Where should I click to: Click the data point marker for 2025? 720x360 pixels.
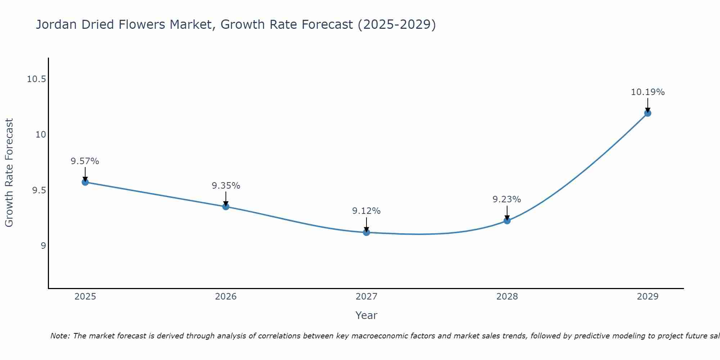85,182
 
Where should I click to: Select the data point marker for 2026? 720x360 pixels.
226,206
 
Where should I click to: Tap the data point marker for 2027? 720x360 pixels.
366,232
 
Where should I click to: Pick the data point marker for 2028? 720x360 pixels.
507,220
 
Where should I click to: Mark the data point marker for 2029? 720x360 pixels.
648,113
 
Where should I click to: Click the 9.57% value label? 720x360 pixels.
85,161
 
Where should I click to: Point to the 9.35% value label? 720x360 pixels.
226,186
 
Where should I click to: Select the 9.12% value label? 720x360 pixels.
366,211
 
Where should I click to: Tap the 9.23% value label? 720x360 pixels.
507,199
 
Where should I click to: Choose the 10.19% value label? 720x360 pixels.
648,92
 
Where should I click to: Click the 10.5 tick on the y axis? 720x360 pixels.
36,79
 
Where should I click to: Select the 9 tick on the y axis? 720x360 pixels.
43,246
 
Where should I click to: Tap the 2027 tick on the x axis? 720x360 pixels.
366,297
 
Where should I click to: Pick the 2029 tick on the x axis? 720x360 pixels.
648,297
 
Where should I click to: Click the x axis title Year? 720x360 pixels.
366,315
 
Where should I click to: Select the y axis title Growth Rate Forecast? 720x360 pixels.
9,173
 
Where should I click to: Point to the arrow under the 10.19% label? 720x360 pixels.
648,105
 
